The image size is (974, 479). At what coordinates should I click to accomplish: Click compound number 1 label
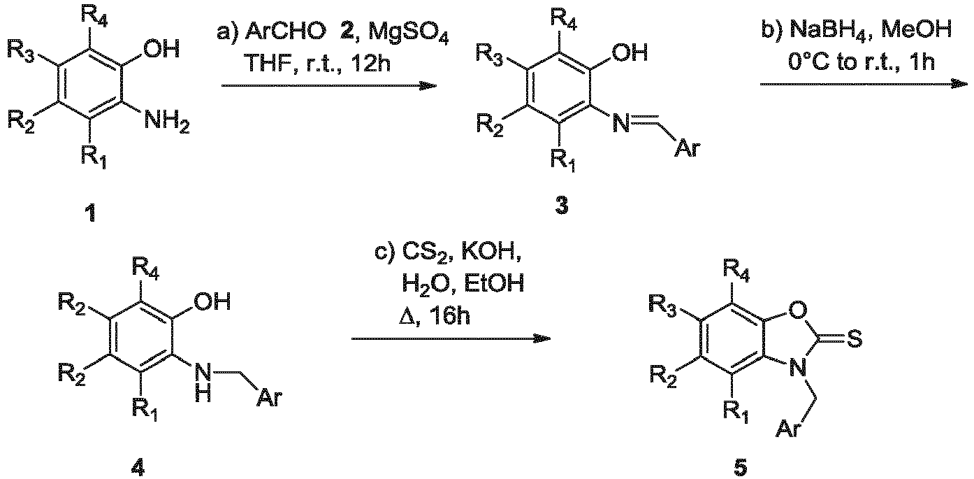tap(91, 214)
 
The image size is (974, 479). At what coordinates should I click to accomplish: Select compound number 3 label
tap(561, 206)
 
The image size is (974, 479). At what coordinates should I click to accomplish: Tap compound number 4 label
tap(138, 467)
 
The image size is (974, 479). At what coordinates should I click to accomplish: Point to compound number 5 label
tap(740, 467)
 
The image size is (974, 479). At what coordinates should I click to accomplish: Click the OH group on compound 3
tap(630, 53)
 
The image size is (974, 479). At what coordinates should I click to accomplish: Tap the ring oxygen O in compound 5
tap(797, 310)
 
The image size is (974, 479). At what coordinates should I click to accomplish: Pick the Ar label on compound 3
tap(688, 148)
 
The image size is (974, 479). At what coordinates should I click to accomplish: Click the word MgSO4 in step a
tap(408, 32)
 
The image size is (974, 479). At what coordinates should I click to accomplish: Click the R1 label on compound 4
tap(145, 410)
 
